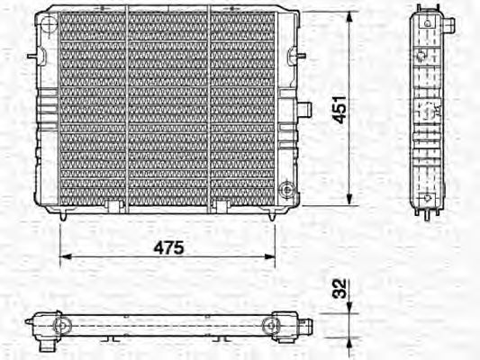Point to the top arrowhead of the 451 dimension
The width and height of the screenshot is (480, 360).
coord(349,18)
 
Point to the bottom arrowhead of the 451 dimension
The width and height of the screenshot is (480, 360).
coord(349,202)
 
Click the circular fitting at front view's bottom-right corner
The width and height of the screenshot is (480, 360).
coord(286,191)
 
